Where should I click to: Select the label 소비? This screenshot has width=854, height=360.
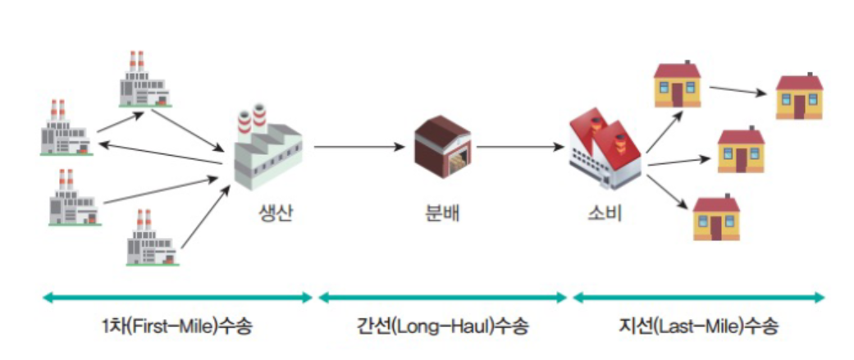[x=605, y=215]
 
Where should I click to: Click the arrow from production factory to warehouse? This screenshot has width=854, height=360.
[x=358, y=148]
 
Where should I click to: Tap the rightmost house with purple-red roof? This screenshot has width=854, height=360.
[x=799, y=97]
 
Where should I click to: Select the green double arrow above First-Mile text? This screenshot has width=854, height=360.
[x=176, y=297]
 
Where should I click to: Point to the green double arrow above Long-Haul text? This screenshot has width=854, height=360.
[x=443, y=297]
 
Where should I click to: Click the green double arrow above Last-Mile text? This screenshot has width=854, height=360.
[x=698, y=297]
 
